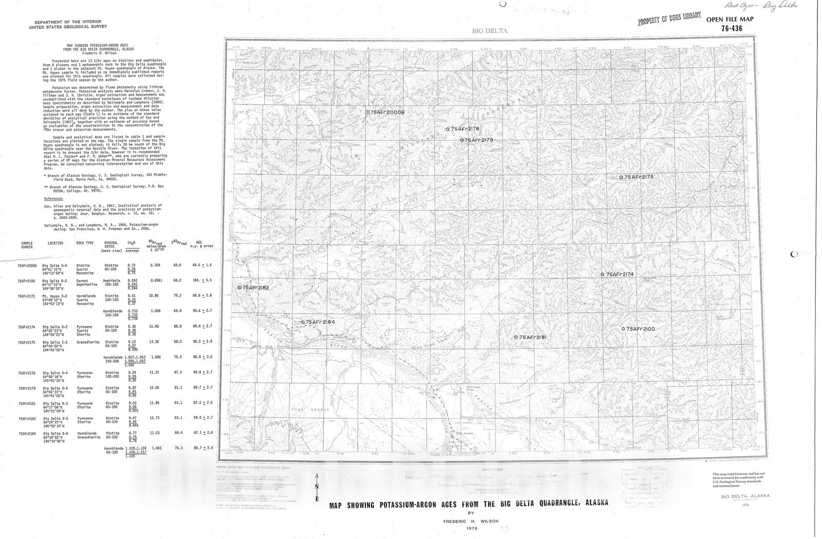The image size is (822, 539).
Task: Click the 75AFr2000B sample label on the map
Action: coord(388,112)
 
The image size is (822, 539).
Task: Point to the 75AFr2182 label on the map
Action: coord(256,288)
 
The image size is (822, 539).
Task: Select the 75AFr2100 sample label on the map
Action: coord(641,329)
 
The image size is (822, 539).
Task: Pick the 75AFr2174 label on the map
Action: coord(621,274)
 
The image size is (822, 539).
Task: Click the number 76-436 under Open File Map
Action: coord(731,29)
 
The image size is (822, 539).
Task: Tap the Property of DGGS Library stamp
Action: coord(669,21)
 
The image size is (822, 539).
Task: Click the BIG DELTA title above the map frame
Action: coord(489,31)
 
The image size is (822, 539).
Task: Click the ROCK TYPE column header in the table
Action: coord(85,243)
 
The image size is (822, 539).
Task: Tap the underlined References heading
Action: coord(53,198)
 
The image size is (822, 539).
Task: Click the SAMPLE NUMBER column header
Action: coord(26,245)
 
